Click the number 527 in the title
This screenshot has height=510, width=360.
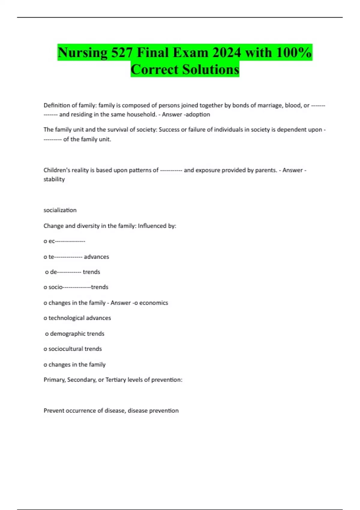(122, 53)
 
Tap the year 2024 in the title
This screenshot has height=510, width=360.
(226, 53)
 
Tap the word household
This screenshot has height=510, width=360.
(141, 114)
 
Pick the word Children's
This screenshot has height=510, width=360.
(57, 170)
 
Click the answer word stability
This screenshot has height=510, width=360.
(54, 179)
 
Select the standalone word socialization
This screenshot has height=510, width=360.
(60, 210)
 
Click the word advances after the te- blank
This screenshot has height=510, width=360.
(96, 257)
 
